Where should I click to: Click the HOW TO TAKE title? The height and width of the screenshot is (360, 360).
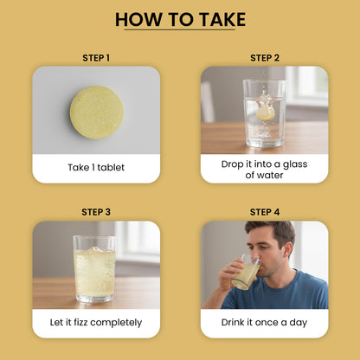(180, 20)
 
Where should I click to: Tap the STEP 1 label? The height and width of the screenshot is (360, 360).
(96, 58)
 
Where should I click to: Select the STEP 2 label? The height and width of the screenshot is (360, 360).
(265, 58)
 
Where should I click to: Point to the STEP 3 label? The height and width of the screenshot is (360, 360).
(96, 212)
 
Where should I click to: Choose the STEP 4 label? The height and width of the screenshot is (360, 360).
(265, 212)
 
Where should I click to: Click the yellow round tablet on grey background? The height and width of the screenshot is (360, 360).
(97, 112)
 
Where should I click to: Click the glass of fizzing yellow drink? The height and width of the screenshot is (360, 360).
(95, 269)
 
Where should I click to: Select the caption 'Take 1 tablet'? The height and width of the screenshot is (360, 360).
(96, 167)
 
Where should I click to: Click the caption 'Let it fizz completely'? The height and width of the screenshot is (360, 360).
(96, 322)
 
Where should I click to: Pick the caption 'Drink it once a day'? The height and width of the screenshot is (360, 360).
(264, 322)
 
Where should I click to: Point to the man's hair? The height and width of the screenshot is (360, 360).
(271, 231)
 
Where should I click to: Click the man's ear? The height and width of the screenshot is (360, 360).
(289, 250)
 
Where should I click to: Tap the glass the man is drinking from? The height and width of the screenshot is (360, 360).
(246, 272)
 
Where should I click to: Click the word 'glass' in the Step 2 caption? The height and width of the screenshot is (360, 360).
(295, 164)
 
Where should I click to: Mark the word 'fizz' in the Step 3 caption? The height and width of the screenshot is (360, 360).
(80, 322)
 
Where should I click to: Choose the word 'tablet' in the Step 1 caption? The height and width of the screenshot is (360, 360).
(111, 167)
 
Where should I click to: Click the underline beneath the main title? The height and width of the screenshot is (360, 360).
(180, 29)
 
